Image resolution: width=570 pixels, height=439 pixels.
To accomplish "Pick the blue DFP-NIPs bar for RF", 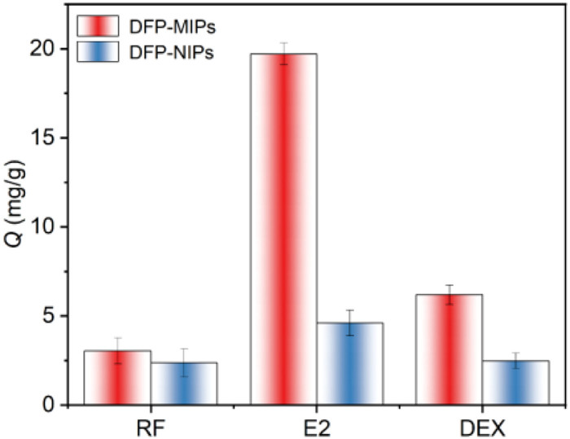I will (184, 383).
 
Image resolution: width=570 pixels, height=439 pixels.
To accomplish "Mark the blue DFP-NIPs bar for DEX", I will (515, 382).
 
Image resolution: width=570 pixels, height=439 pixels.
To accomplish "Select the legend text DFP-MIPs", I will (173, 27).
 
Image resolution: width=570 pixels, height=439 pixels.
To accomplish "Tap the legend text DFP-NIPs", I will (172, 52).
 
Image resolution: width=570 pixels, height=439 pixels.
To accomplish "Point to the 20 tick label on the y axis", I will (43, 48).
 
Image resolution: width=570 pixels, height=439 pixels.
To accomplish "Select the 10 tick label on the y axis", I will (43, 226).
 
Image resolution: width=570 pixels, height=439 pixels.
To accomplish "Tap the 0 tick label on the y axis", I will (48, 405).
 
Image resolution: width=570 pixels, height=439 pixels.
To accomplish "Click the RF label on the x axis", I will (151, 426).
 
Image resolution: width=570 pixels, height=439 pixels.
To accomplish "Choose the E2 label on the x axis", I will (317, 426).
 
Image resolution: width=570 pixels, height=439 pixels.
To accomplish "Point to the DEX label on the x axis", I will (482, 426).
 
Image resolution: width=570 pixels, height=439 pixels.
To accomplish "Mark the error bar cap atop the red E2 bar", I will (283, 43).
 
